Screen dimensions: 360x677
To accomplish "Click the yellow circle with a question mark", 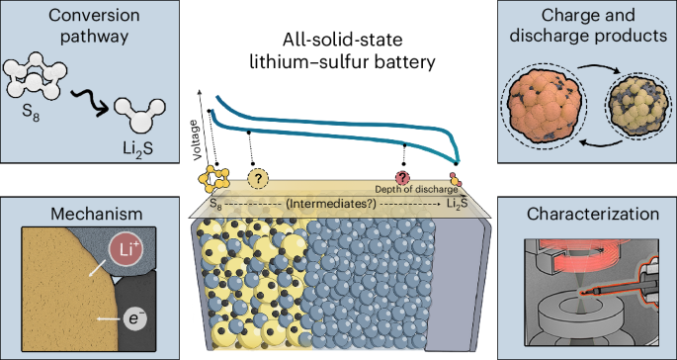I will pyautogui.click(x=259, y=178).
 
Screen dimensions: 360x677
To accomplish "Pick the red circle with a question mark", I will pyautogui.click(x=403, y=173).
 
